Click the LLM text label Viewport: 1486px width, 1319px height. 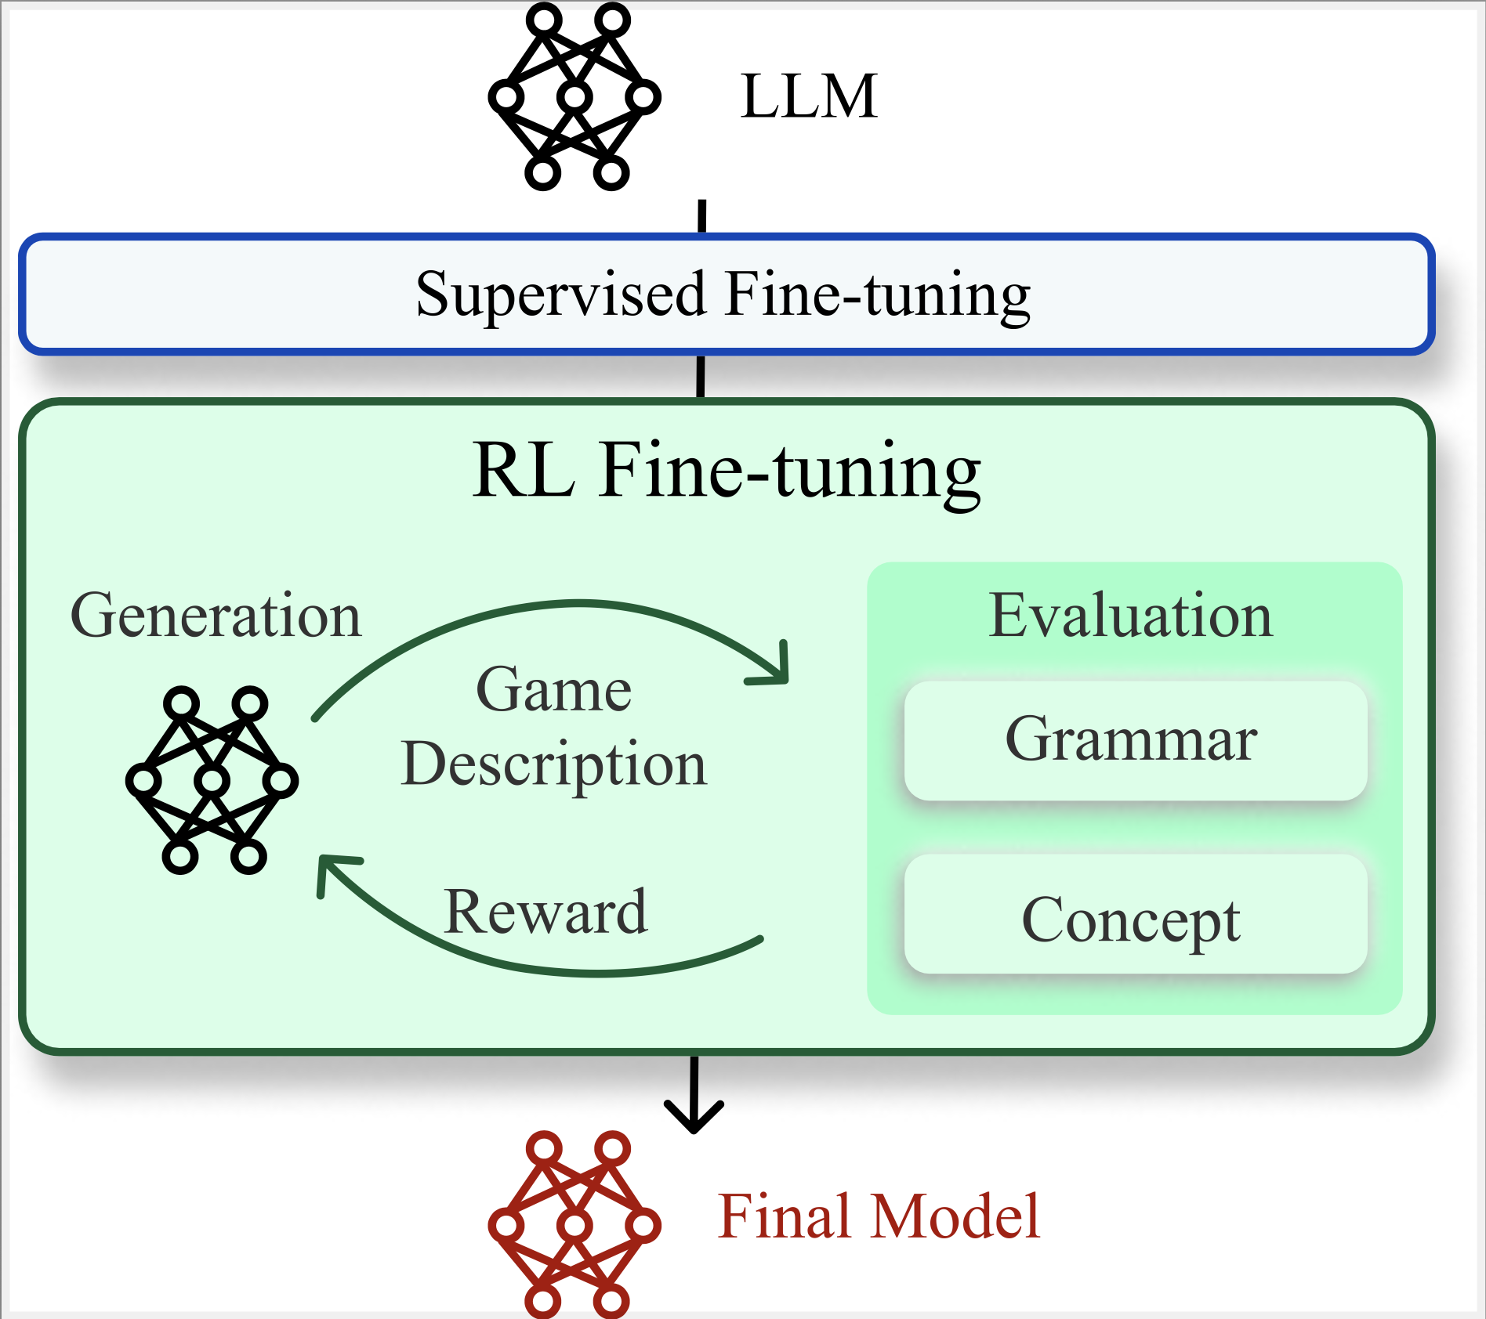pos(809,96)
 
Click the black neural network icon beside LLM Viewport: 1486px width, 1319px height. pos(574,96)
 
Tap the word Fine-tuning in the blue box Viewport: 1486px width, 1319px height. pos(878,295)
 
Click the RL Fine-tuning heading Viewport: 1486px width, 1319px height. pos(727,472)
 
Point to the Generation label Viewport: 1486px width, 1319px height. pos(216,616)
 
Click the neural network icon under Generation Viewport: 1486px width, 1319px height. pos(212,780)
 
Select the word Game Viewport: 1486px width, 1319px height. pos(554,690)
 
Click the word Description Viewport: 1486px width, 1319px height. pos(554,764)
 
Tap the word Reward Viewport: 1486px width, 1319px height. pos(545,912)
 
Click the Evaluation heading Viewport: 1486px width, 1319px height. pos(1130,616)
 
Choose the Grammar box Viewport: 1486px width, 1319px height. pos(1136,740)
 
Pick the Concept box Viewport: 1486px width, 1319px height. pos(1136,914)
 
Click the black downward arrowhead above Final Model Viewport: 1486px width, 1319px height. pos(694,1115)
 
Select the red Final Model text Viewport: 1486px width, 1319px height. pos(879,1216)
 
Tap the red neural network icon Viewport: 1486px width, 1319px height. pos(574,1224)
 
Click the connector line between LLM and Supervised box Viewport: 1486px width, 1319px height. pos(702,217)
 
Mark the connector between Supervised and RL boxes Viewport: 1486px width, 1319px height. pos(701,377)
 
